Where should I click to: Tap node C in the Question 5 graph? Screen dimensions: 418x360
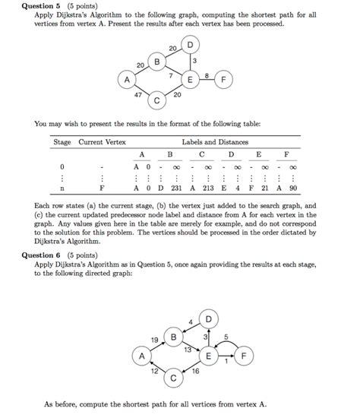pyautogui.click(x=157, y=100)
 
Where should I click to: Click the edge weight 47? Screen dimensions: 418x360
pyautogui.click(x=137, y=95)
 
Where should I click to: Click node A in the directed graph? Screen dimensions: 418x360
pyautogui.click(x=141, y=356)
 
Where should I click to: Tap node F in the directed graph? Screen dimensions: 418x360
pyautogui.click(x=243, y=355)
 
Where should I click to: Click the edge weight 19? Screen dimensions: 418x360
pyautogui.click(x=154, y=338)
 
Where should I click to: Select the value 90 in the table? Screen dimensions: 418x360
pyautogui.click(x=294, y=185)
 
